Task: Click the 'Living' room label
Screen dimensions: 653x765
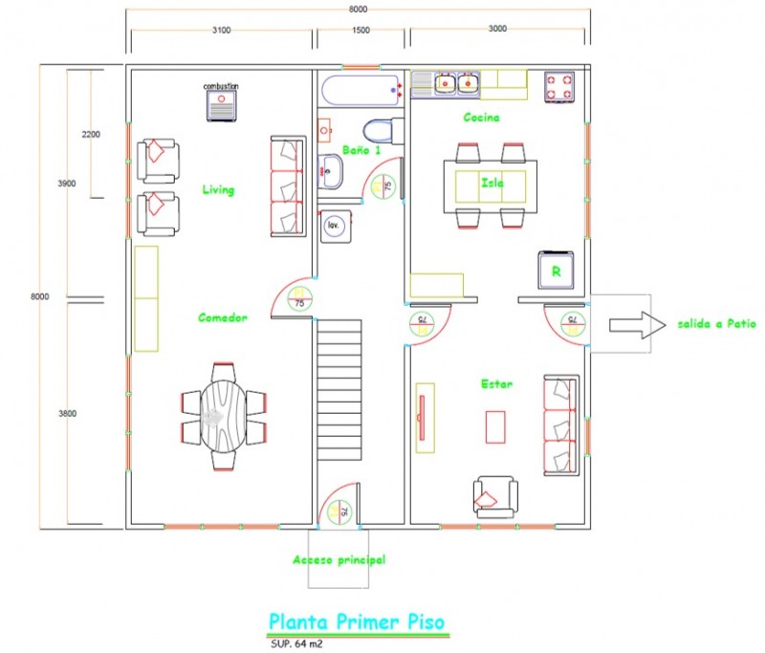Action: coord(218,189)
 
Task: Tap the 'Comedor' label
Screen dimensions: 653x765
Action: coord(224,317)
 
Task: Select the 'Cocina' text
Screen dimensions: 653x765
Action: coord(482,118)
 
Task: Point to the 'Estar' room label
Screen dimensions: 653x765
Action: coord(495,384)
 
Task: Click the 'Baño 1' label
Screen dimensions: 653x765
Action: coord(361,150)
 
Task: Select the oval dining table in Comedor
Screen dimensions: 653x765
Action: coord(223,415)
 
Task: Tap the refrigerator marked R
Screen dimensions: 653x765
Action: coord(556,270)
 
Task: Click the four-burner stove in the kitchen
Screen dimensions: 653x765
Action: coord(559,87)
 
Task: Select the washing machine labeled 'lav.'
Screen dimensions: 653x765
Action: coord(334,225)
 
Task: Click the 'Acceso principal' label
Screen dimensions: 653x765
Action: coord(339,559)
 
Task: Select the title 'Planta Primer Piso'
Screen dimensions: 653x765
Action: coord(356,621)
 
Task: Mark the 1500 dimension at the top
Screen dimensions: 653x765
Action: coord(361,31)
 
